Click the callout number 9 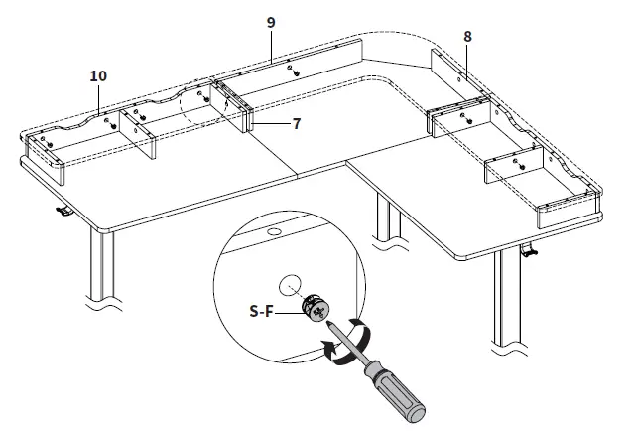click(269, 21)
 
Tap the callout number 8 click(467, 36)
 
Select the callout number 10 click(97, 75)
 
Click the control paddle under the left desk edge click(62, 211)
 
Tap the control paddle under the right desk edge click(531, 254)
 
